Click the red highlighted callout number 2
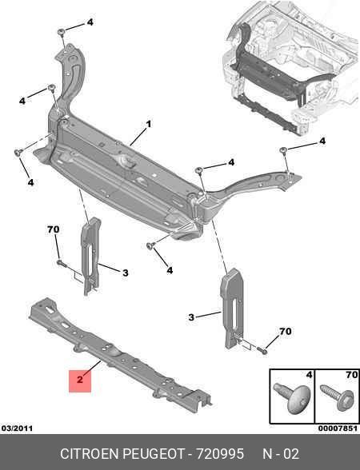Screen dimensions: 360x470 pos(80,380)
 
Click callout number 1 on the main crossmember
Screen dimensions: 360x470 pos(149,124)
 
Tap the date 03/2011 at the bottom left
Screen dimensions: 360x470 pos(17,428)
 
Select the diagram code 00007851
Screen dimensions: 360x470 pos(338,428)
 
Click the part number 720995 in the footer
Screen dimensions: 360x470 pos(220,454)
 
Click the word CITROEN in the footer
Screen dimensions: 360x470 pos(90,454)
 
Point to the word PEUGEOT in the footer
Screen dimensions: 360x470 pos(154,454)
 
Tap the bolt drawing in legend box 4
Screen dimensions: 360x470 pos(292,398)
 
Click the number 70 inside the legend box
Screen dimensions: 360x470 pos(351,375)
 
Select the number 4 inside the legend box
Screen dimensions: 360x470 pos(309,375)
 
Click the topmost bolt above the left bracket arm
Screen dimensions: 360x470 pos(62,32)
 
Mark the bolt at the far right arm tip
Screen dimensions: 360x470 pos(282,150)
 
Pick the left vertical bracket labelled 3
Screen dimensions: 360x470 pos(91,257)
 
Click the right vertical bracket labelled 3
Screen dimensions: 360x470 pos(232,309)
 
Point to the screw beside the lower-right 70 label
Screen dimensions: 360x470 pos(262,350)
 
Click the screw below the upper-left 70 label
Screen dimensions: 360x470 pos(61,263)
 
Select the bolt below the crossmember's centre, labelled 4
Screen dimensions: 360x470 pos(150,246)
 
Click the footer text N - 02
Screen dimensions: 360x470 pos(281,454)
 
